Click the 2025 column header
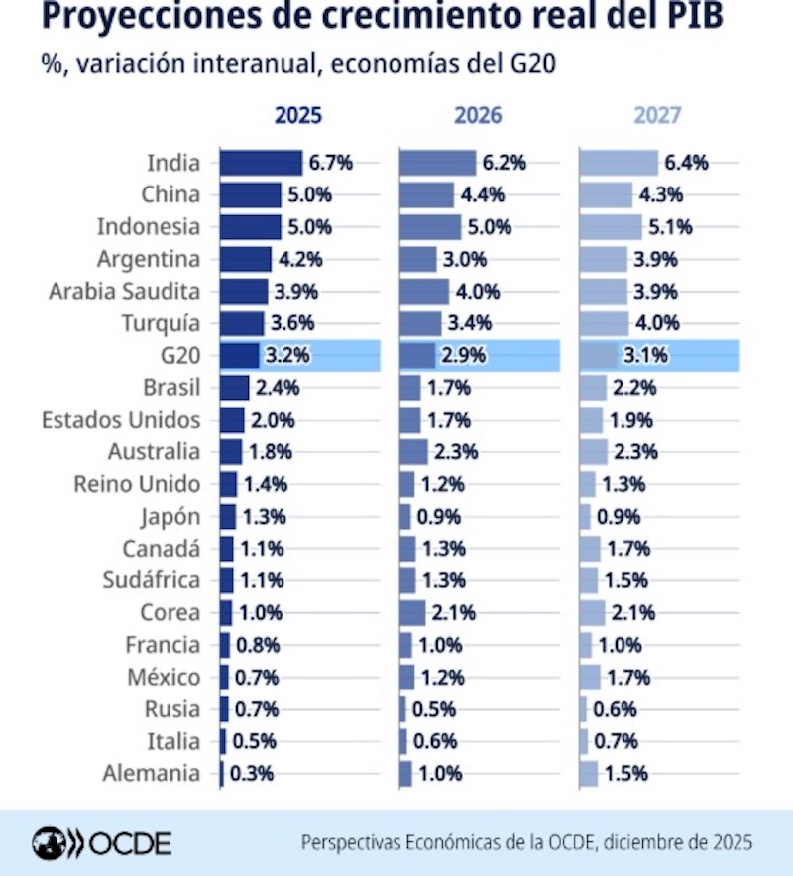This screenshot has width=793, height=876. [x=297, y=115]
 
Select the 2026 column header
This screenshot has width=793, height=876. [x=478, y=115]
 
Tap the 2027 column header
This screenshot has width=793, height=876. [x=657, y=115]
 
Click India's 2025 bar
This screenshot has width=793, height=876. [x=261, y=163]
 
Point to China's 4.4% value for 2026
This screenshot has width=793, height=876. [x=482, y=194]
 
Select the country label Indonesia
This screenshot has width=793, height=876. [x=148, y=227]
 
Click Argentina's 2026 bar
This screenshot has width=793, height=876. [x=418, y=260]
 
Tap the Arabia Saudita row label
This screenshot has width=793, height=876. [x=124, y=292]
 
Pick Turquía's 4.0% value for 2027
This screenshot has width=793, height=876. [x=657, y=323]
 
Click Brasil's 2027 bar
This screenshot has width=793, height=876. [x=593, y=387]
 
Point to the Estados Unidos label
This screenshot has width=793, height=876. [x=120, y=420]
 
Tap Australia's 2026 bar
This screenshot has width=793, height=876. [x=414, y=452]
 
